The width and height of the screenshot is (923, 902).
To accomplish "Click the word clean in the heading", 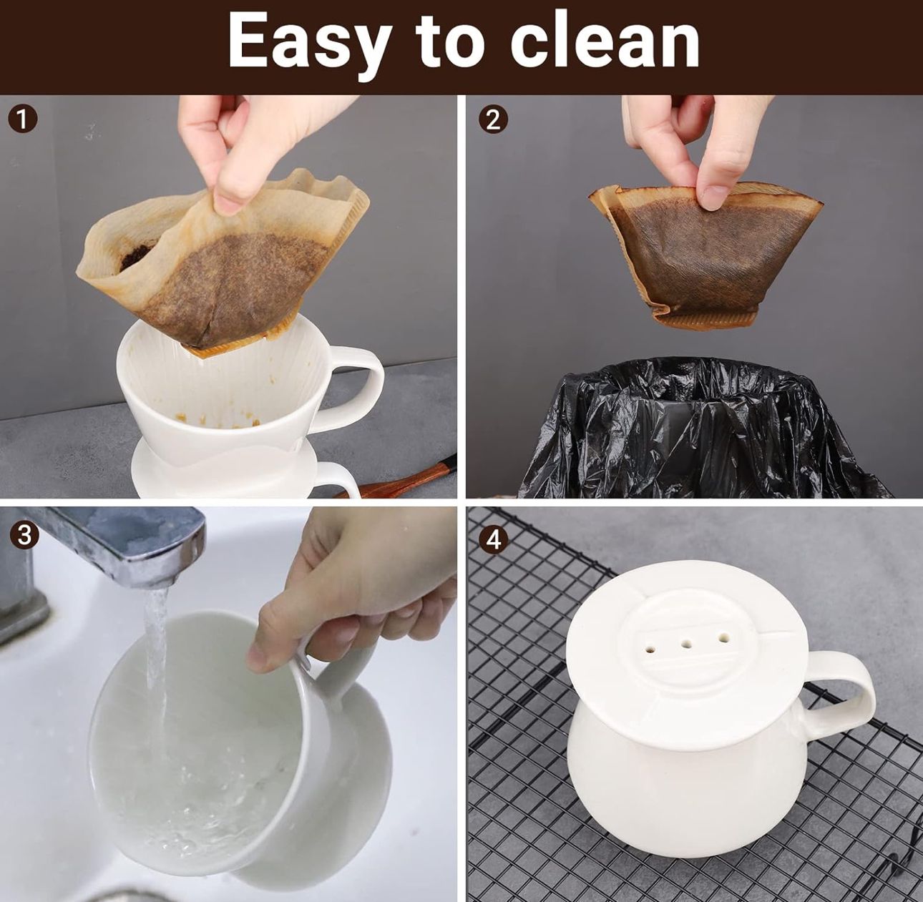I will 605,41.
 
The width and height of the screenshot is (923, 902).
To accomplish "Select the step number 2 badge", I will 493,119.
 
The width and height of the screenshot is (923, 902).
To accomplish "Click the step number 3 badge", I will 24,534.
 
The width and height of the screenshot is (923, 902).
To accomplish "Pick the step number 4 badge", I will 494,540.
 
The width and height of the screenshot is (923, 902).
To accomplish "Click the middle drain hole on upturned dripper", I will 688,643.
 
